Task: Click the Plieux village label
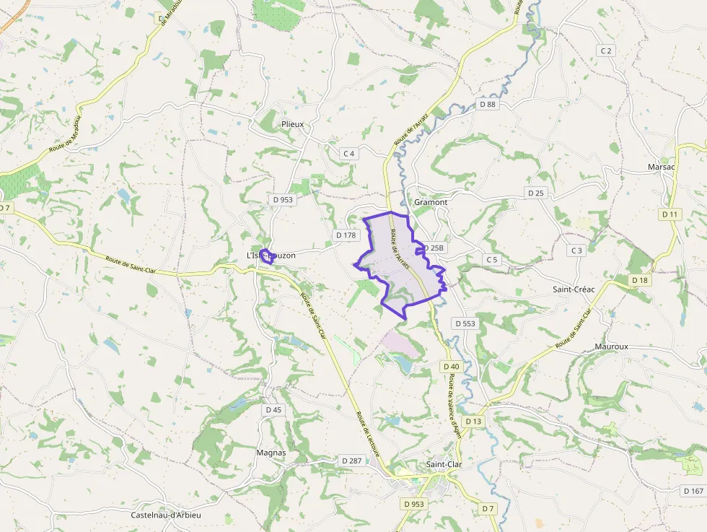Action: [x=292, y=124]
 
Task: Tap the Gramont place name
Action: [x=431, y=203]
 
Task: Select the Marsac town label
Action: [x=661, y=167]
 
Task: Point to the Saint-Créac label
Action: [x=574, y=289]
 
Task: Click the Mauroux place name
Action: [x=612, y=346]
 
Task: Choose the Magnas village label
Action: [x=271, y=453]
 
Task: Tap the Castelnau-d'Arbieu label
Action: [x=166, y=515]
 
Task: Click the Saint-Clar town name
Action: [x=444, y=464]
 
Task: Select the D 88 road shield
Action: [x=488, y=105]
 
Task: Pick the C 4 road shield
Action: [x=349, y=154]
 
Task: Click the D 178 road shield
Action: [x=346, y=235]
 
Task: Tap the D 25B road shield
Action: [x=434, y=248]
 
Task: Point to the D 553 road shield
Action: [x=465, y=323]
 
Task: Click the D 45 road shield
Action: [x=273, y=410]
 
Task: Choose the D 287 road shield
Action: [x=352, y=461]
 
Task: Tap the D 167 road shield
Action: [x=693, y=491]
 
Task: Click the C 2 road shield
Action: [x=606, y=51]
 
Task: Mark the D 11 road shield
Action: [x=669, y=214]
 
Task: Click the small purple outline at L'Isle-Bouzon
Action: [x=267, y=256]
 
